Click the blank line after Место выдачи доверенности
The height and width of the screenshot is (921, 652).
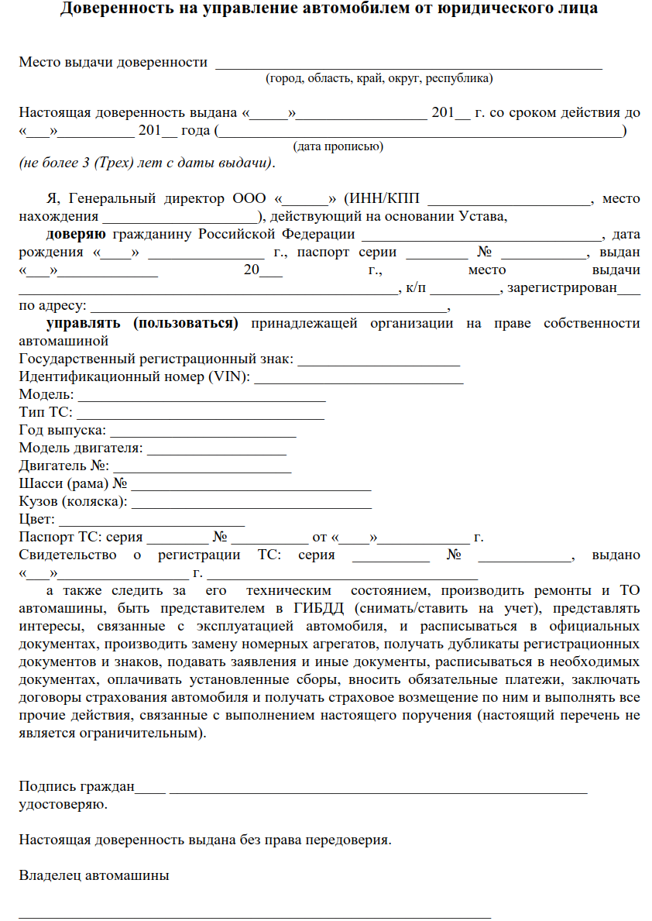[408, 64]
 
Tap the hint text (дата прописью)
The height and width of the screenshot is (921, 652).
[338, 146]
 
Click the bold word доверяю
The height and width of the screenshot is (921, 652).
[76, 234]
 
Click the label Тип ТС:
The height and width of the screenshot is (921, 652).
[45, 413]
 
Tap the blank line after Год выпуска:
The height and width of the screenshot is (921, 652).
[204, 431]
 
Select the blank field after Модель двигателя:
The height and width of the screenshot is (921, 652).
[217, 448]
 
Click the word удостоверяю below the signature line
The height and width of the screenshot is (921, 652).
[63, 805]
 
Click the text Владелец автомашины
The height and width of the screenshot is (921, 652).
[94, 876]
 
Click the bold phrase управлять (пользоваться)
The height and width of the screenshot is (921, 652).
[142, 324]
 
